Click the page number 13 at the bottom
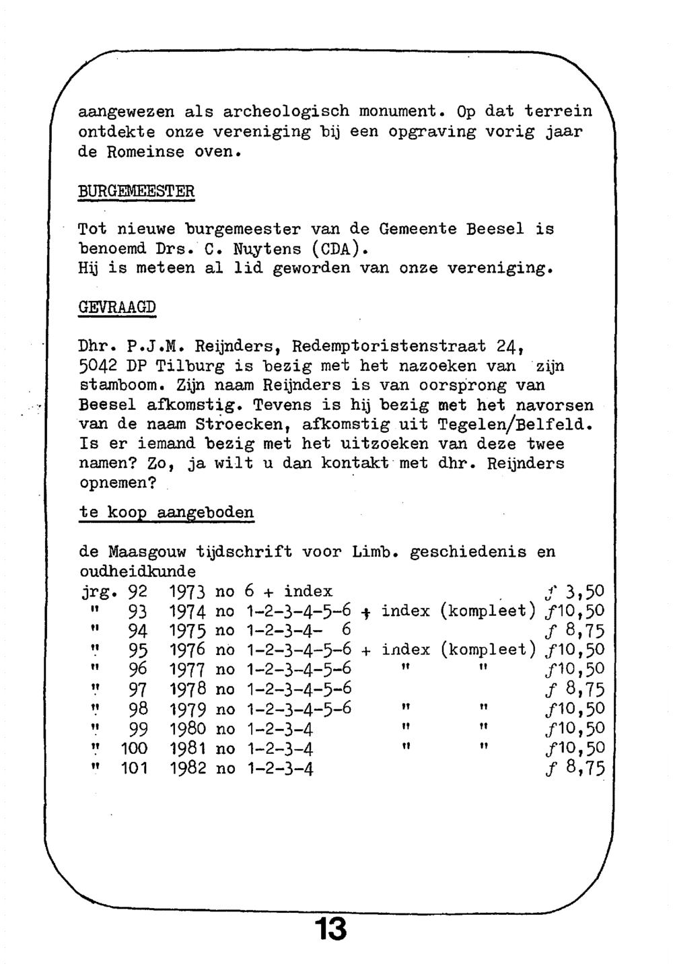[331, 929]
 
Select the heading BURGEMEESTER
[137, 191]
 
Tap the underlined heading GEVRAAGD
[118, 308]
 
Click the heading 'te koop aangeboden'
[167, 512]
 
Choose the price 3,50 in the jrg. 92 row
[586, 592]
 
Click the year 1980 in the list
[188, 729]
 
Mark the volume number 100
[133, 749]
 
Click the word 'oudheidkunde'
[138, 572]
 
